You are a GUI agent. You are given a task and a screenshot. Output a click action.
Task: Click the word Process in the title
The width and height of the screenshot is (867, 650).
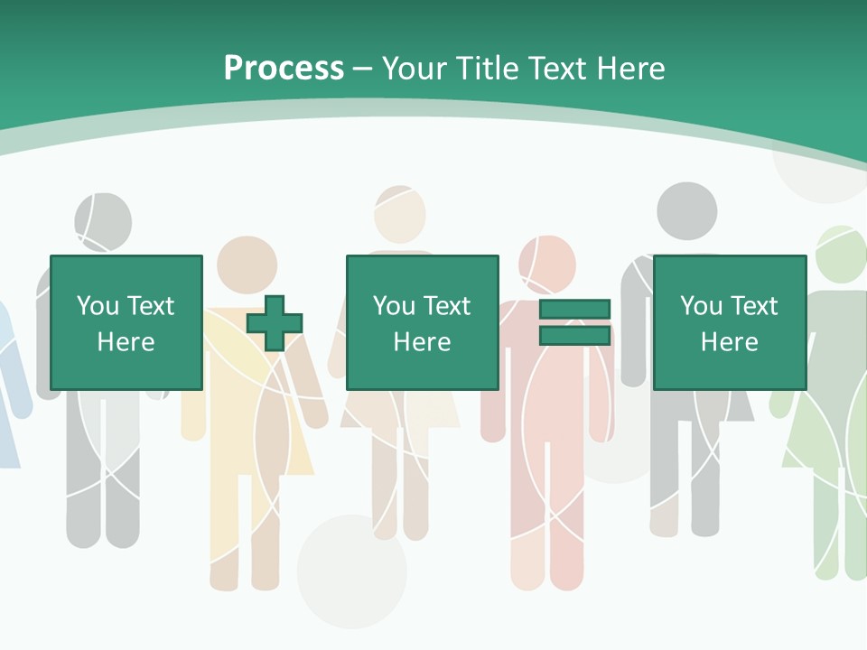point(284,69)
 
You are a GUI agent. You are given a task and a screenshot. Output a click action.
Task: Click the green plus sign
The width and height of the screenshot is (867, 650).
point(275,322)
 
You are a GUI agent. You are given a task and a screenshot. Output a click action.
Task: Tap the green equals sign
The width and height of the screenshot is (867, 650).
point(574,322)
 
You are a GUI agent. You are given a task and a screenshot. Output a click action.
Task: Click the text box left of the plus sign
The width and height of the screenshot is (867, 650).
point(126,322)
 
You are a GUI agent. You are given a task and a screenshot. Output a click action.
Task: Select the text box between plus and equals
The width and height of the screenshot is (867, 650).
point(422,322)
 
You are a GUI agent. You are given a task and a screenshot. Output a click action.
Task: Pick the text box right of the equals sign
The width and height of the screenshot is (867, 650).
point(729,322)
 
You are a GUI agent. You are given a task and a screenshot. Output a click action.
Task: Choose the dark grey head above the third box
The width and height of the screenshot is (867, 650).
point(686,212)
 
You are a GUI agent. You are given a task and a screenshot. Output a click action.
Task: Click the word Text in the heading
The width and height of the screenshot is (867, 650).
point(555,69)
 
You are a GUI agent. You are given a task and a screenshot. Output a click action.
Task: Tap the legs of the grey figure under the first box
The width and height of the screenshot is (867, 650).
point(102,487)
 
